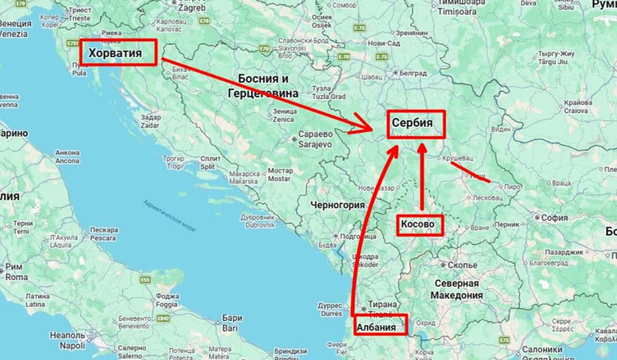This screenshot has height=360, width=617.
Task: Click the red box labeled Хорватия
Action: tap(118, 53)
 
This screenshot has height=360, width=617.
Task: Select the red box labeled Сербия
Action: tap(416, 123)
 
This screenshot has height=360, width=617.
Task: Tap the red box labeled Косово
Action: tap(420, 224)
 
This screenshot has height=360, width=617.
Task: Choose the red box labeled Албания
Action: tap(380, 325)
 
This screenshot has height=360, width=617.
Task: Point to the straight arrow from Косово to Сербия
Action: tap(422, 179)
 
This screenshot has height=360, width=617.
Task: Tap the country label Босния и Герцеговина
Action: tap(263, 86)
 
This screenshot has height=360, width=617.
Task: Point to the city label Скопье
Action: tap(462, 266)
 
